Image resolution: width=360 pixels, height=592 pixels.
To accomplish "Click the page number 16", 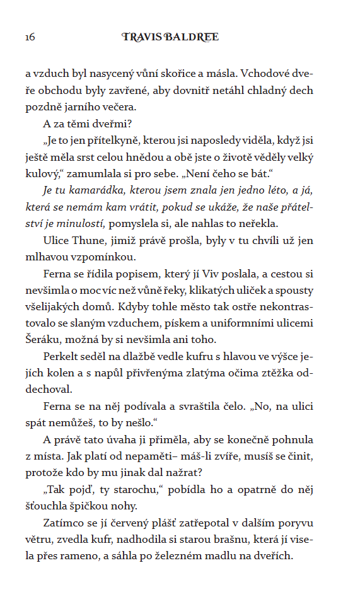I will pos(30,38).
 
